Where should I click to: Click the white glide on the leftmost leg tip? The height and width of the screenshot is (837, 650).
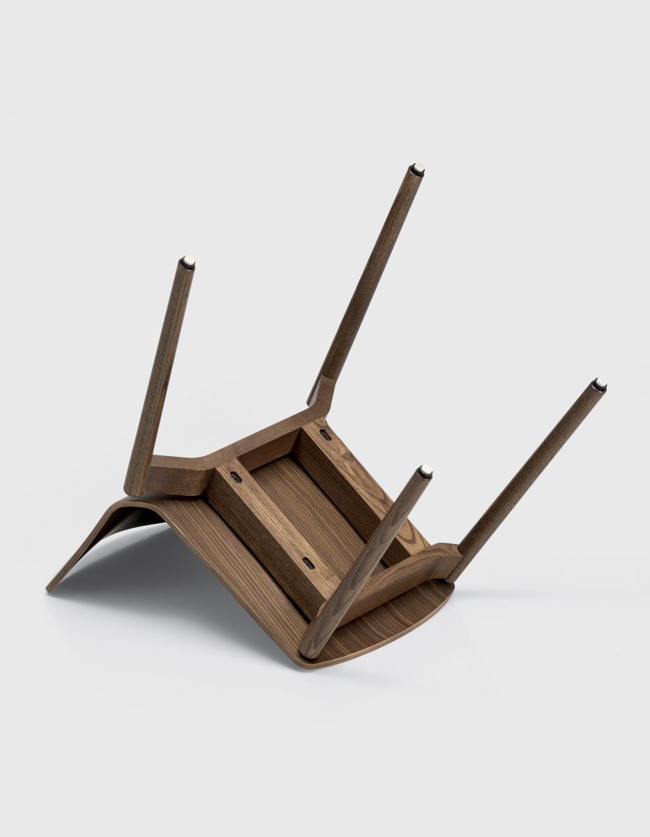click(x=187, y=262)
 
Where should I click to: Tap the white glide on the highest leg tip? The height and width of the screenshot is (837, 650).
click(x=417, y=169)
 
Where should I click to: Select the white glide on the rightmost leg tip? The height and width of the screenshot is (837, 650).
click(x=599, y=384)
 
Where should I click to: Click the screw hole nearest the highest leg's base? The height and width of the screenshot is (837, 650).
click(x=325, y=435)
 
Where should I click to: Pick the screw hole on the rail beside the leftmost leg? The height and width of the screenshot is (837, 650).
click(x=236, y=477)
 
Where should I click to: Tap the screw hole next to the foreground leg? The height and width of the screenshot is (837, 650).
click(x=308, y=562)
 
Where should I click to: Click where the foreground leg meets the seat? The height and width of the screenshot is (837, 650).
click(x=312, y=645)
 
